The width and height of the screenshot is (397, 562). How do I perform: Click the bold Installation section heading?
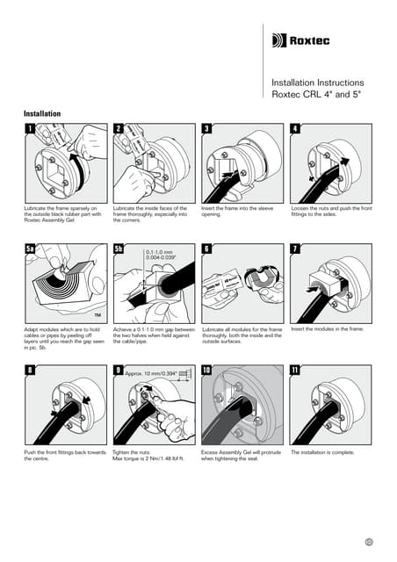tap(41, 114)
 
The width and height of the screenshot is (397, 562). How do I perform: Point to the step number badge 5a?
tap(32, 249)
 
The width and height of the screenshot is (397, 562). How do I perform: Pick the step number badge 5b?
tap(120, 249)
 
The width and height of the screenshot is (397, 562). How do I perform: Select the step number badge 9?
tap(118, 371)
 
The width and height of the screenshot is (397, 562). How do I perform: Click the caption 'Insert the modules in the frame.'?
tap(327, 329)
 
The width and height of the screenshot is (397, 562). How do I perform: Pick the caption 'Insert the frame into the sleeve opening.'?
tap(236, 211)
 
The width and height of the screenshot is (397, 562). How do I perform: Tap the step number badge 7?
tap(295, 249)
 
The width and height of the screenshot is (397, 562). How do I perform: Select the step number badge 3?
tap(206, 129)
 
